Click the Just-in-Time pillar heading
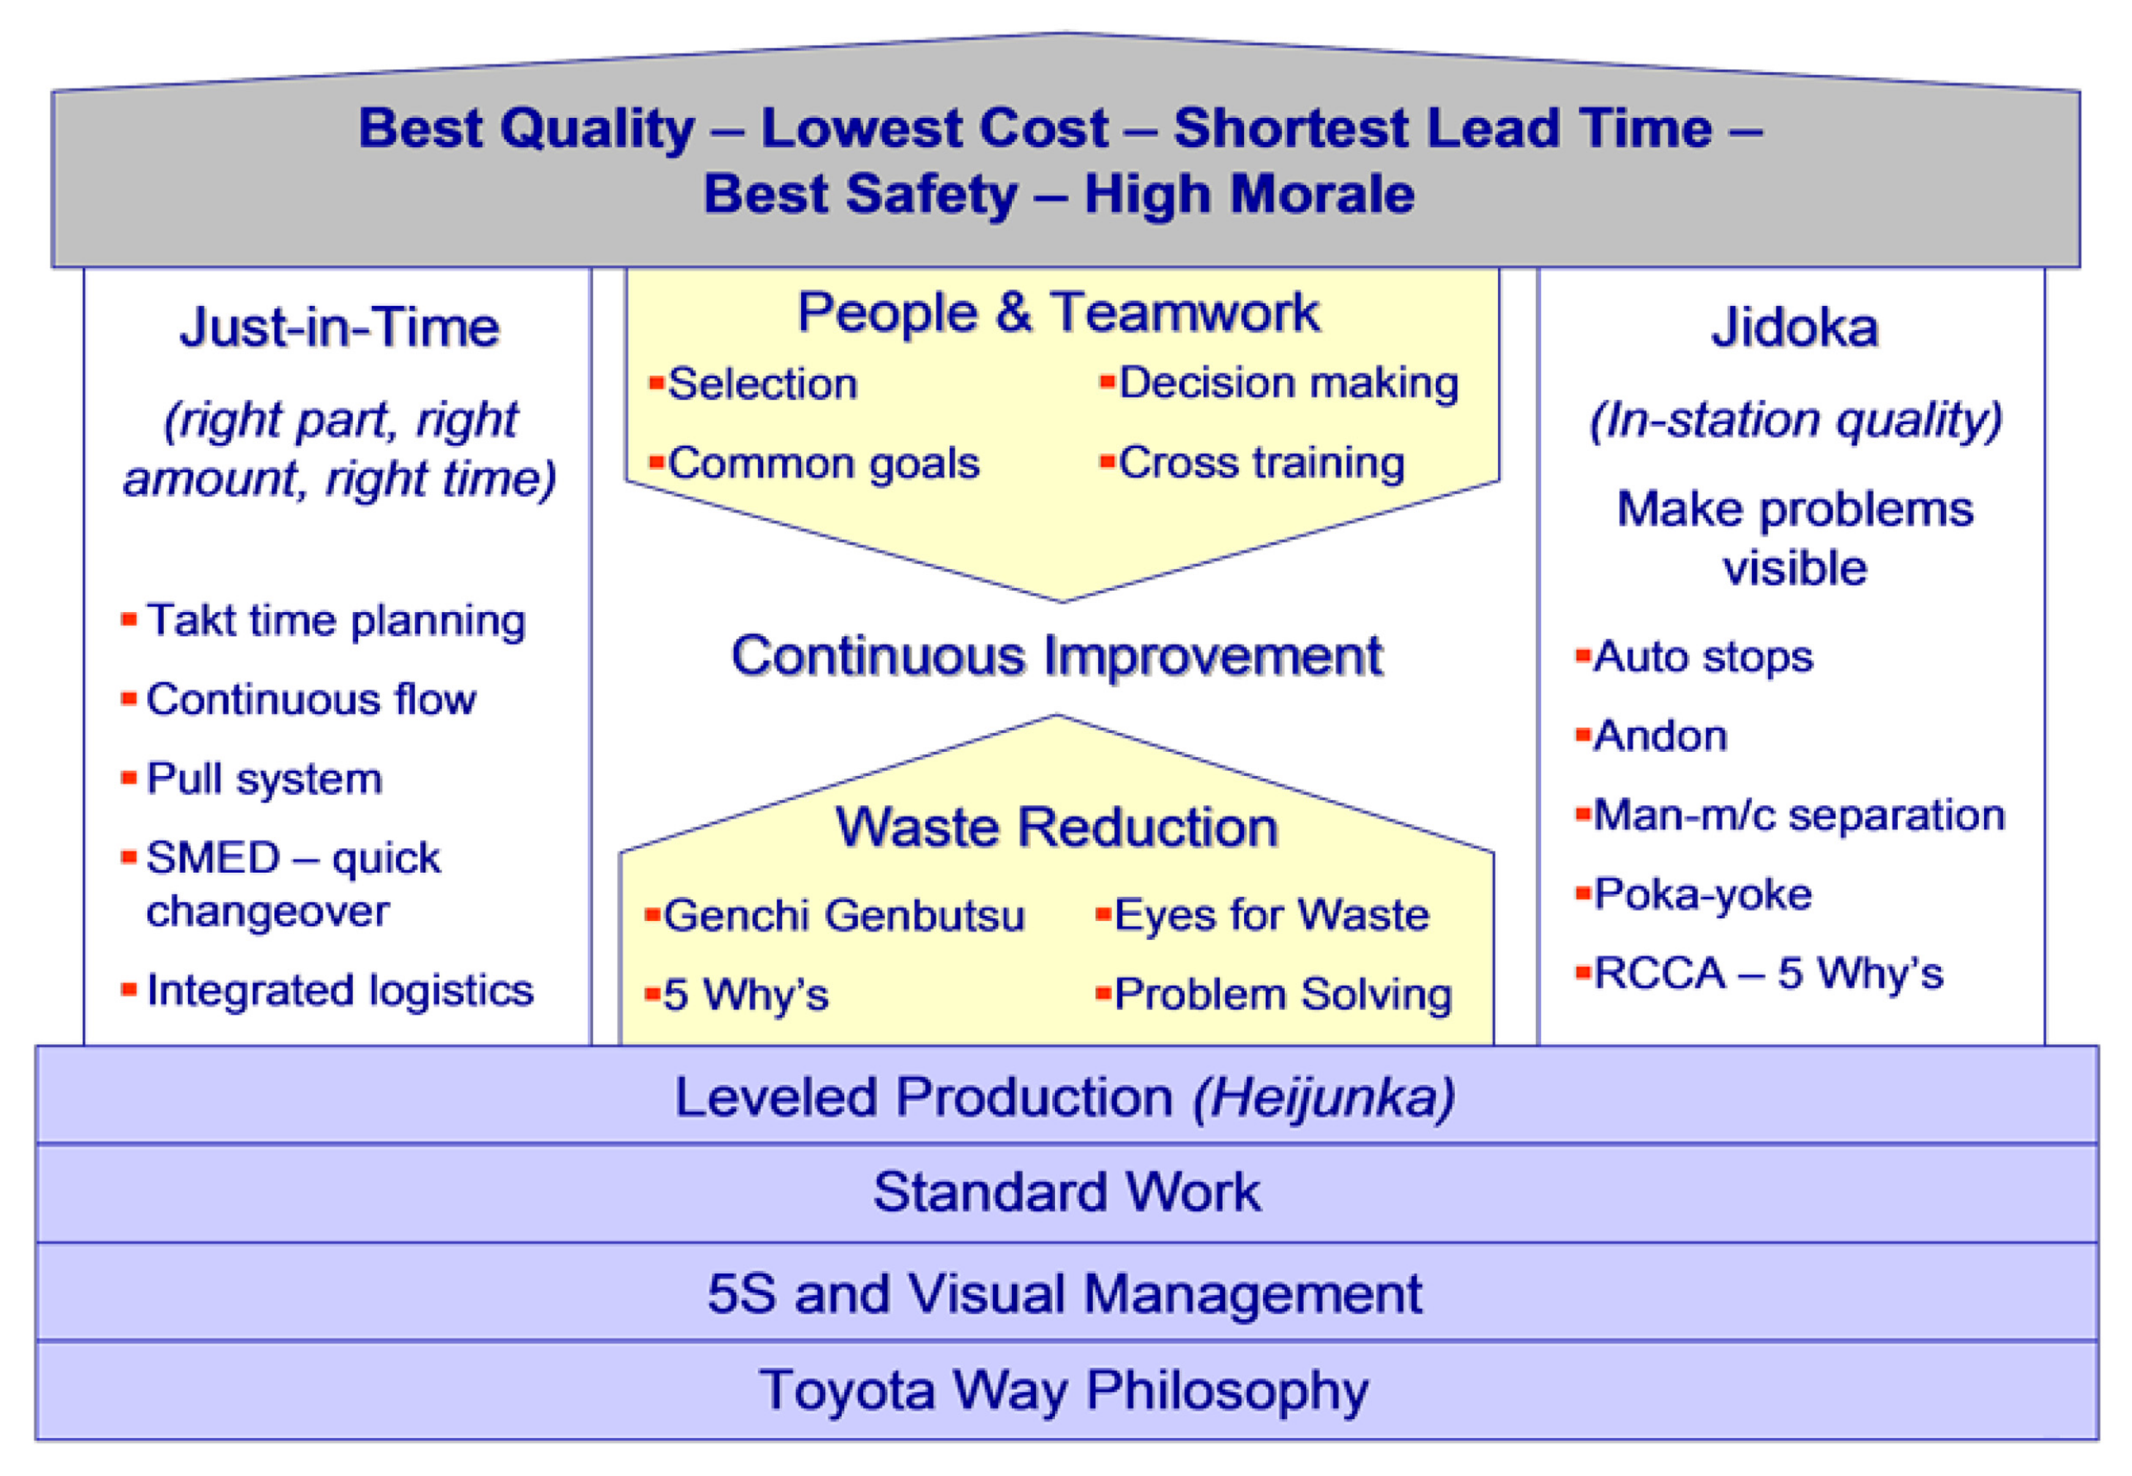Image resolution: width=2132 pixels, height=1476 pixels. pos(339,327)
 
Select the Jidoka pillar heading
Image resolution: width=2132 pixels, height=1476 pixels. pos(1794,327)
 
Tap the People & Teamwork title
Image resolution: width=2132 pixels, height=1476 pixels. pos(1058,313)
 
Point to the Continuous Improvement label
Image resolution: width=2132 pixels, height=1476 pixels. pos(1056,656)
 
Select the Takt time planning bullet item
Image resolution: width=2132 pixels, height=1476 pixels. pos(335,621)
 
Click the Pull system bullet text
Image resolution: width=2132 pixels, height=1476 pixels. pos(264,779)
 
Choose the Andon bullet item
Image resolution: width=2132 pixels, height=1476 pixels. pos(1660,736)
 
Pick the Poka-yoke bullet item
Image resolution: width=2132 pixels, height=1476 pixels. pos(1702,894)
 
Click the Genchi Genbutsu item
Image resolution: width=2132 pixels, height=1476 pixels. pos(843,916)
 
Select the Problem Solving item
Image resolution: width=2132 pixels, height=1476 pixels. pos(1282,995)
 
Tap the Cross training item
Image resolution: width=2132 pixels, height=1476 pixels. pos(1261,463)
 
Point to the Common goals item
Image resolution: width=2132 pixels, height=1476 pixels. pos(823,463)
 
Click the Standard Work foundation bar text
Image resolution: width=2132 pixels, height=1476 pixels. pos(1066,1192)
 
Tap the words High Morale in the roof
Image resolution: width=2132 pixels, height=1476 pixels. pos(1248,195)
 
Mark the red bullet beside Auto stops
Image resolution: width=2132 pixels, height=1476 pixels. pos(1583,657)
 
